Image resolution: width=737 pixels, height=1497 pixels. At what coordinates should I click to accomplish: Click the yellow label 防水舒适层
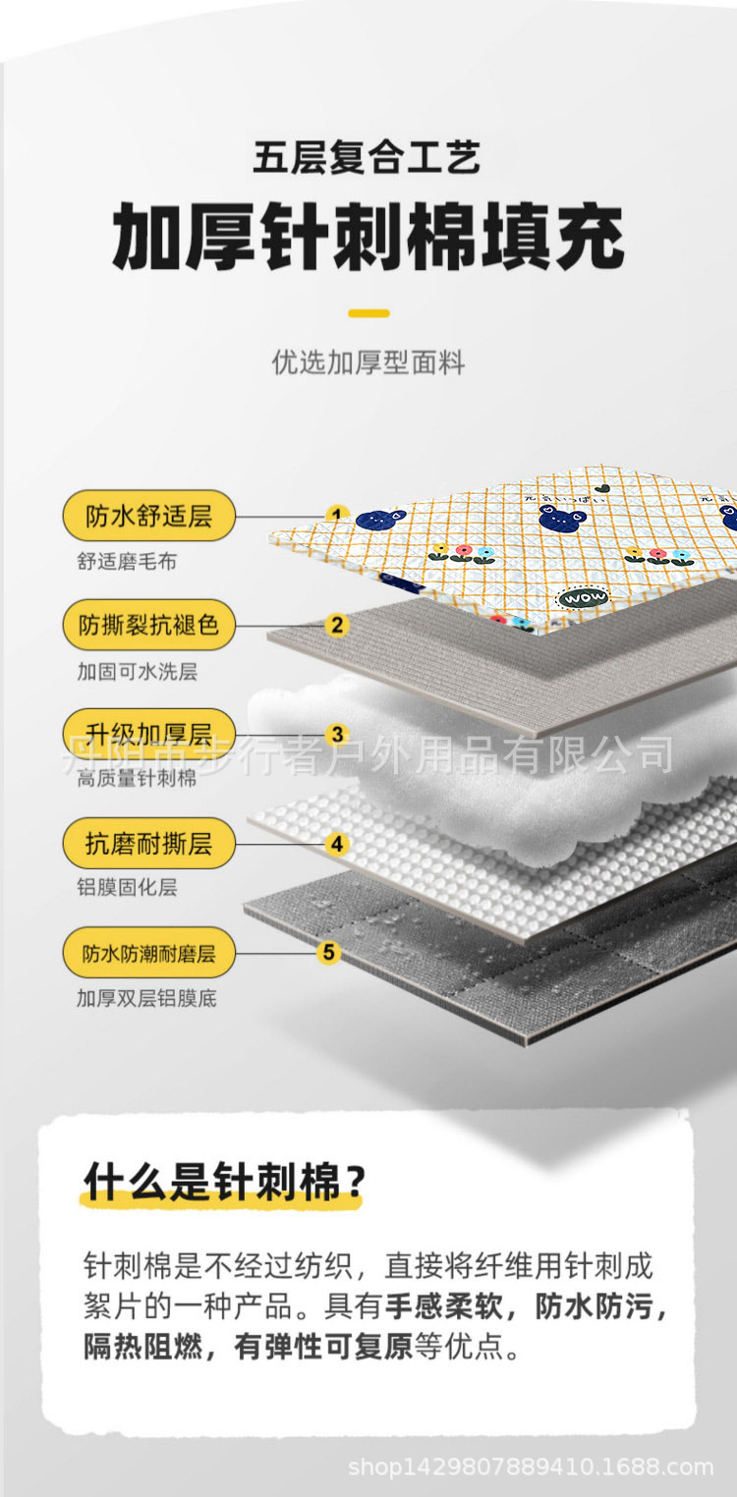tap(148, 516)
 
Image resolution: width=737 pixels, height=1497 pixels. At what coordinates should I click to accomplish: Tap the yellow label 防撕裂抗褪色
tap(148, 625)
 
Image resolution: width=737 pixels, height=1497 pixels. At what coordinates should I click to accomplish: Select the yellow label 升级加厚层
tap(148, 734)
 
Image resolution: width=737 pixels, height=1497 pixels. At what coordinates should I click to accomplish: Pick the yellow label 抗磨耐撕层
tap(148, 843)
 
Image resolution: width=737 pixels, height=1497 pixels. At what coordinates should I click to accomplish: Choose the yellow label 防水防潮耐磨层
tap(148, 952)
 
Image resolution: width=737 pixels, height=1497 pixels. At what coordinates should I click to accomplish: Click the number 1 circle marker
tap(337, 515)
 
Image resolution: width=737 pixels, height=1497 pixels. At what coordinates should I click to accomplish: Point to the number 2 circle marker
tap(337, 625)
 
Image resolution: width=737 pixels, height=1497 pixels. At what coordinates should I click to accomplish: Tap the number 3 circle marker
tap(337, 734)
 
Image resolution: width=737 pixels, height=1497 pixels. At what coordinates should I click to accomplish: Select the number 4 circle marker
tap(337, 844)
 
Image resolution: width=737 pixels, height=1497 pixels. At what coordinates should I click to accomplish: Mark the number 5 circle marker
tap(328, 952)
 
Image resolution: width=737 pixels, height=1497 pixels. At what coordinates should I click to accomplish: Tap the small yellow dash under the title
tap(368, 313)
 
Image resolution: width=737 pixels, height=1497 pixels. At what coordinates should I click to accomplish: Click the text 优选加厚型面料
tap(368, 362)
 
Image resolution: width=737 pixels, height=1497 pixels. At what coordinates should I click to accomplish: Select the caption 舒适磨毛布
tap(127, 563)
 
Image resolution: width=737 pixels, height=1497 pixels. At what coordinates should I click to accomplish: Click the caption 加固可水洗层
tap(138, 672)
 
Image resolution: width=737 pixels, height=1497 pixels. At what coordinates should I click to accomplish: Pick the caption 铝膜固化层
tap(127, 888)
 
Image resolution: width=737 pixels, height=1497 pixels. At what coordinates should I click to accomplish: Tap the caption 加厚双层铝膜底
tap(146, 998)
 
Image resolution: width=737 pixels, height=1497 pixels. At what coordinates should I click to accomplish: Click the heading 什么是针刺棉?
tap(224, 1182)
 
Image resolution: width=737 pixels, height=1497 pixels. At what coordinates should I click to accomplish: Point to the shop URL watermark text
tap(531, 1468)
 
